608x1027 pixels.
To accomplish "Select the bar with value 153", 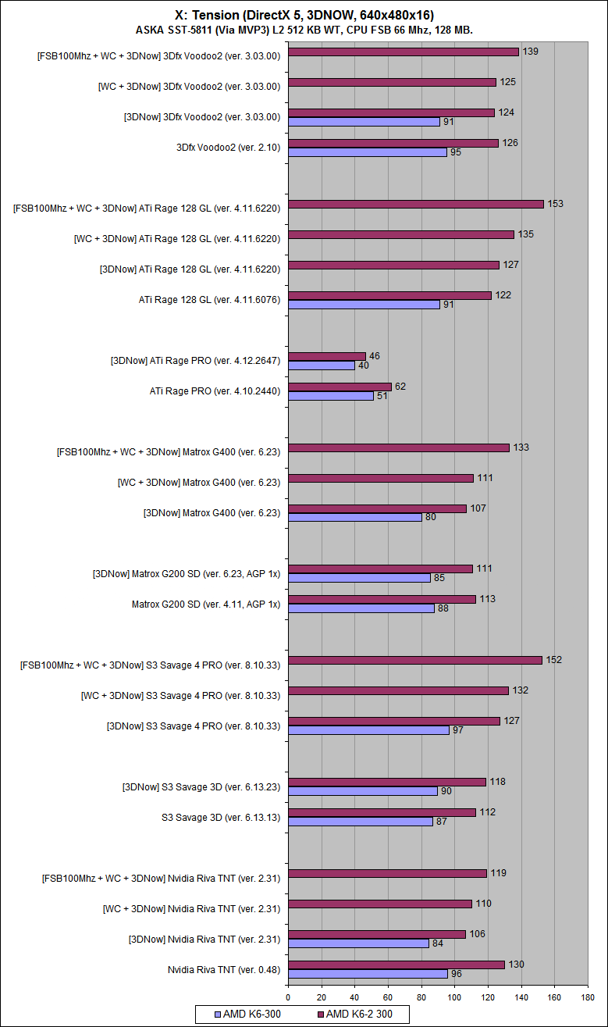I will [415, 204].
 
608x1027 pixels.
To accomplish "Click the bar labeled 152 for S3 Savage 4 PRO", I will [414, 660].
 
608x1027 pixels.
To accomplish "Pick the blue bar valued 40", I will [321, 366].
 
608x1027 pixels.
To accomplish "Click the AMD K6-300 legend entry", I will [247, 1014].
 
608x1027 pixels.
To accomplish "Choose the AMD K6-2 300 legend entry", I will [357, 1014].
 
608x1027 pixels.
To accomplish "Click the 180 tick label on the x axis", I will [588, 997].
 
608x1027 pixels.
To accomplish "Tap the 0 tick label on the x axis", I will [288, 997].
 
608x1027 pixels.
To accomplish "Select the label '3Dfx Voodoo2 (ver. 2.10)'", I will [229, 147].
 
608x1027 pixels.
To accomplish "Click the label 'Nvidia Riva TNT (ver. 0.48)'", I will [224, 969].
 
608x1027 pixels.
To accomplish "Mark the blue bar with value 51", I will [330, 396].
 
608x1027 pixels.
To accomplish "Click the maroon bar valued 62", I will [340, 387].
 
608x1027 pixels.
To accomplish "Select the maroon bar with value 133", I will [398, 448].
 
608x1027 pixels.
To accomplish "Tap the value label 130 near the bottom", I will [516, 965].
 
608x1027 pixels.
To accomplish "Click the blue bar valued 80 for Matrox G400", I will [354, 517].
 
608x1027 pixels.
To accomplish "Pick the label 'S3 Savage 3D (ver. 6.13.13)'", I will [221, 817].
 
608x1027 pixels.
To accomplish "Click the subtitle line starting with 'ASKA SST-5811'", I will [304, 30].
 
